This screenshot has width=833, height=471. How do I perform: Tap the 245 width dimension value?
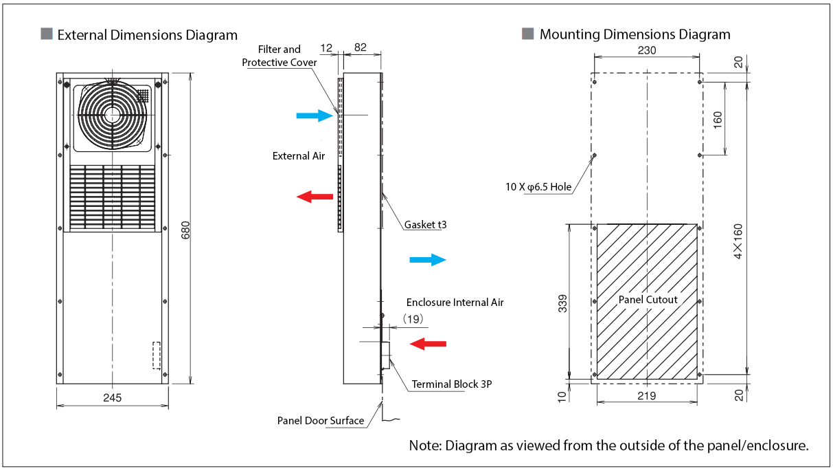pos(113,397)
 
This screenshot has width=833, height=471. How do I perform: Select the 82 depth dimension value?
pos(359,48)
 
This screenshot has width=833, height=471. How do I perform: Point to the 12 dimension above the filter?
pos(326,48)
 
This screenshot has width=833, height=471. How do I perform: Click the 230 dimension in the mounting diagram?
pos(647,50)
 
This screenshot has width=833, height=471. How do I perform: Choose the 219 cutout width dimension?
pos(647,395)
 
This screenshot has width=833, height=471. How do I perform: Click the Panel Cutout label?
pos(648,300)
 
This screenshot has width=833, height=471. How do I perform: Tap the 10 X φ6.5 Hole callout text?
pos(538,187)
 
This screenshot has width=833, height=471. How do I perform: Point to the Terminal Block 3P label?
pos(451,384)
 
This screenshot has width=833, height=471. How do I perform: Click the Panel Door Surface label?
pos(321,421)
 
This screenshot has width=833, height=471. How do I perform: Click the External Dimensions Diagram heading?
pos(147,35)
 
